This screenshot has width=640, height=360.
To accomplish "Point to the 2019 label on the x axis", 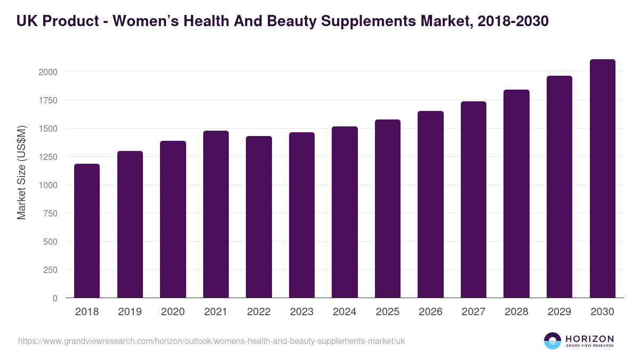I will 130,312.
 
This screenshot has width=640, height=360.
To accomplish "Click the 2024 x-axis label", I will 345,312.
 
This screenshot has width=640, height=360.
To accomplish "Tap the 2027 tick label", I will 474,312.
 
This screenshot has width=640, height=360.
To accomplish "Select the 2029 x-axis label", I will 559,312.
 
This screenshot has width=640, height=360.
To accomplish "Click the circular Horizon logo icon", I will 553,341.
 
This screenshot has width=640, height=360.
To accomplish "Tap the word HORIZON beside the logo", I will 589,338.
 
